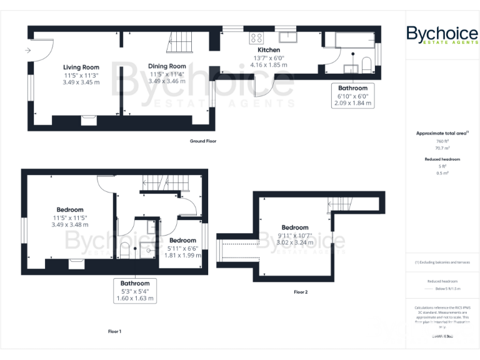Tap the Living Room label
(x=81, y=67)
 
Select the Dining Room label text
(x=167, y=66)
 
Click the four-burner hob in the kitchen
(x=256, y=36)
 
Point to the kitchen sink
(x=287, y=35)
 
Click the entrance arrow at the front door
(x=28, y=51)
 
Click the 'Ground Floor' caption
(x=202, y=141)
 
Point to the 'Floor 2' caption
(x=301, y=292)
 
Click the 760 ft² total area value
(x=442, y=141)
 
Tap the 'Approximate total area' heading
(x=442, y=133)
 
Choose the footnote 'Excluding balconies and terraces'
(x=442, y=262)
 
